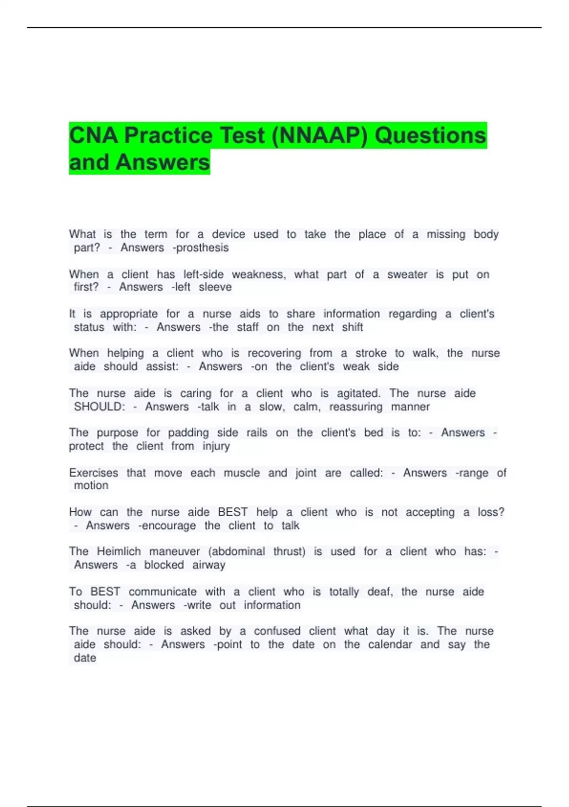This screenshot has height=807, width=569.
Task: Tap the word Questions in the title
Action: (x=431, y=136)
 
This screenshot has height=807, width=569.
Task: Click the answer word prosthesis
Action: (x=202, y=248)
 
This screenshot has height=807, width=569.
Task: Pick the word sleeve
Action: (x=215, y=287)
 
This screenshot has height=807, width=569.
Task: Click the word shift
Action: (x=352, y=327)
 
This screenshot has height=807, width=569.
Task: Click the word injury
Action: (x=216, y=446)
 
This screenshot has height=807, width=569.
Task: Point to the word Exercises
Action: (x=93, y=473)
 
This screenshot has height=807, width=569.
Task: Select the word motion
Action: (x=91, y=486)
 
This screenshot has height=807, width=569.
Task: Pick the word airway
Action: (x=209, y=565)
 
